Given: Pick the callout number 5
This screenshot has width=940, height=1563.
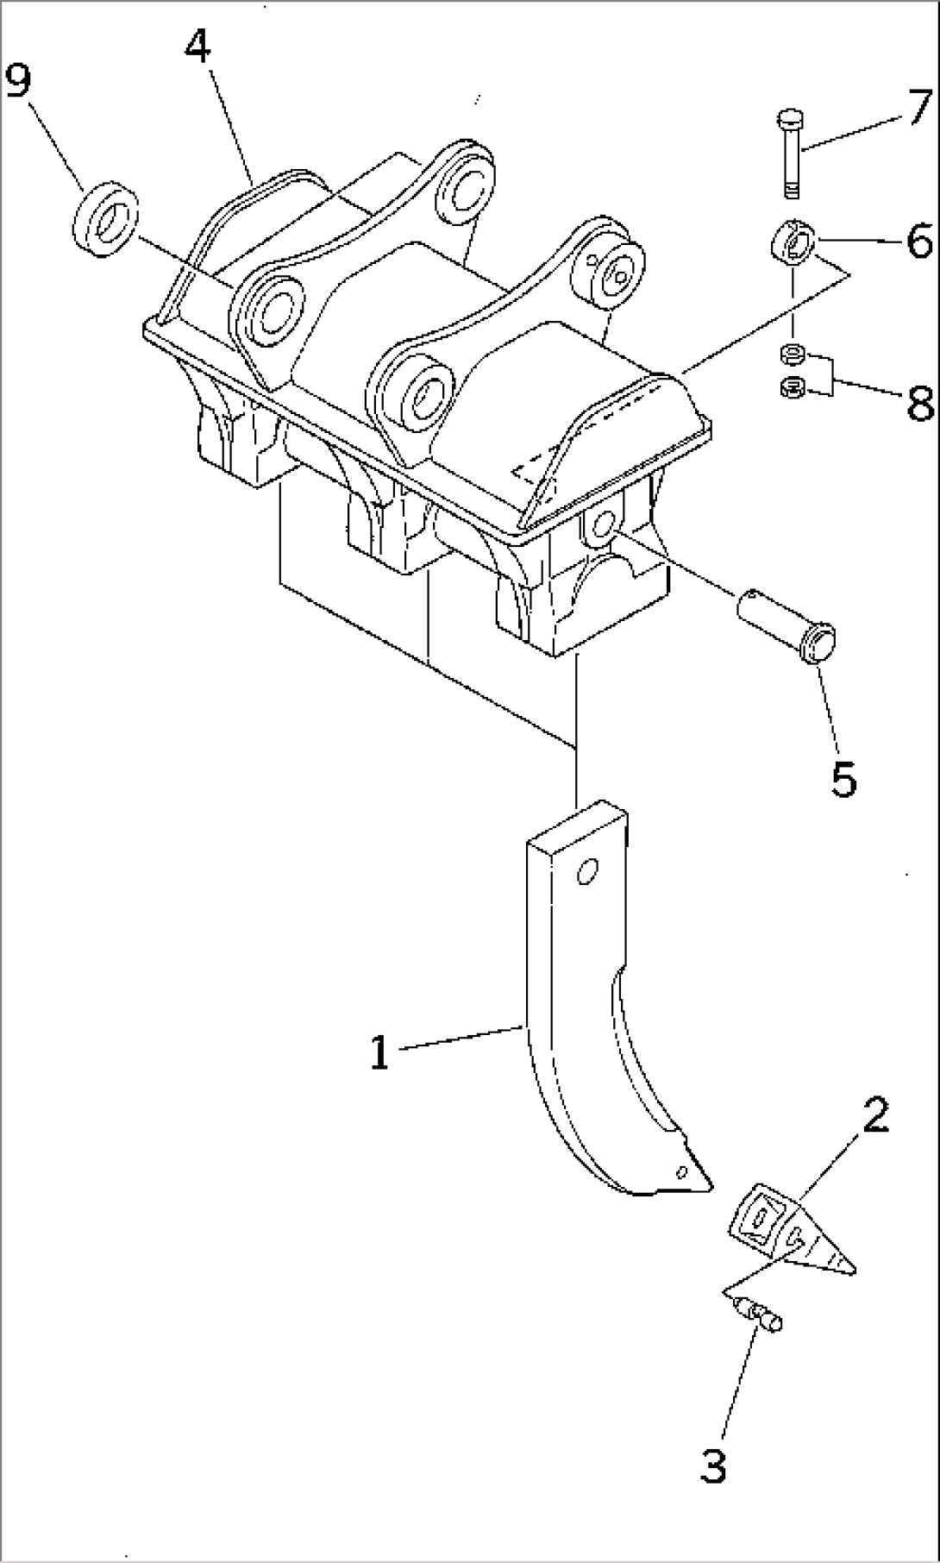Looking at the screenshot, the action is (843, 778).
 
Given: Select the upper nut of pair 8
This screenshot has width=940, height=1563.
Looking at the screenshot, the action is (792, 354).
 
